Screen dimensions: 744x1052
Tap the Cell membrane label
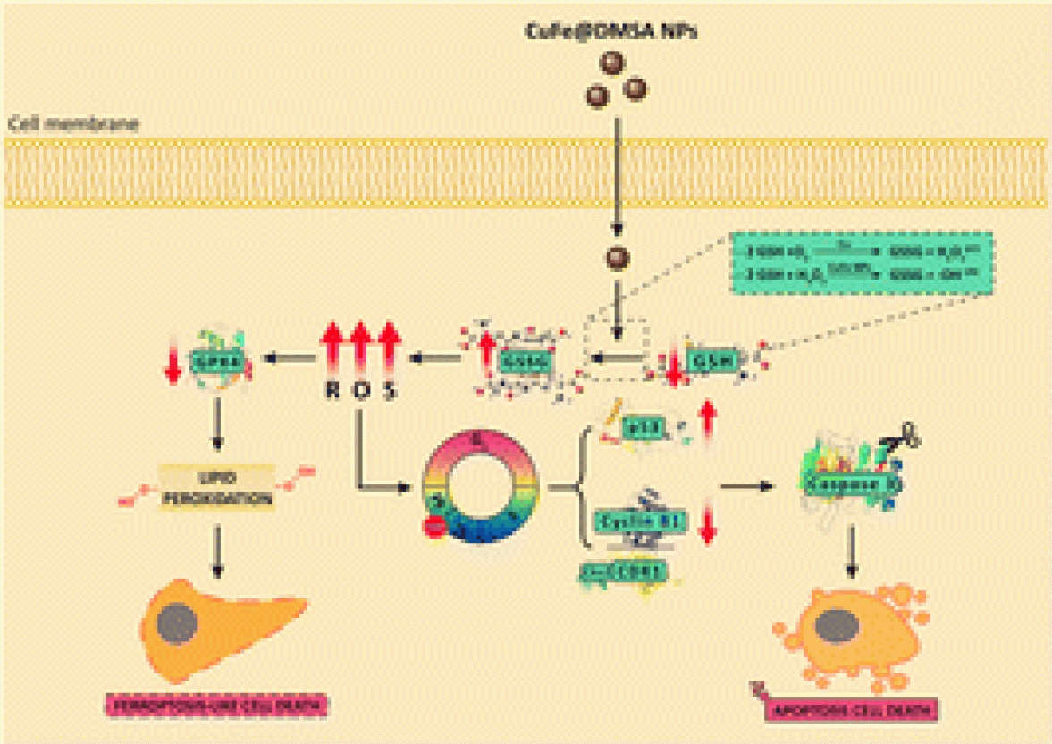pos(73,124)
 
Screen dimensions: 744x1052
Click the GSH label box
pos(711,362)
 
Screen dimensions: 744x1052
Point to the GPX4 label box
pos(212,361)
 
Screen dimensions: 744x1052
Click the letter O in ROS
pos(361,391)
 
